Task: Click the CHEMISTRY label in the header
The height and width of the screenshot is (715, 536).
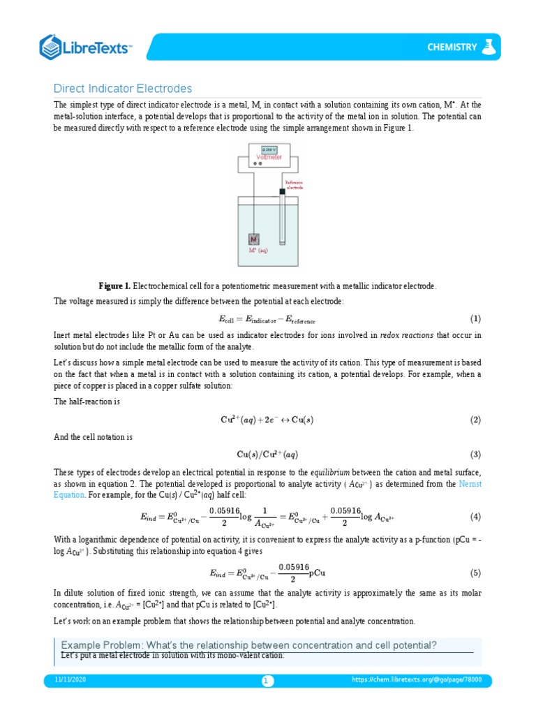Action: point(452,47)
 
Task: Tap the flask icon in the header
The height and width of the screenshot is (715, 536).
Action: point(491,47)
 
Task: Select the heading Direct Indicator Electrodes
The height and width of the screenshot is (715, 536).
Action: point(123,89)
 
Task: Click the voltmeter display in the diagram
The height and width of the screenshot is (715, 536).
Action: point(269,150)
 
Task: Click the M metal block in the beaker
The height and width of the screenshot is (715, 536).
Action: point(254,238)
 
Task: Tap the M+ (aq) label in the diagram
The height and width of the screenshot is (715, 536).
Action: point(258,250)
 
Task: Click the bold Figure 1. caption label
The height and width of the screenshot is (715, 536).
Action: point(114,287)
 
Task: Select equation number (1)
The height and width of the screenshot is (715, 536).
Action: point(475,319)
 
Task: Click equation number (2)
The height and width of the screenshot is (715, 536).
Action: point(475,420)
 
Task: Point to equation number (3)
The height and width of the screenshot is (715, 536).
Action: point(475,454)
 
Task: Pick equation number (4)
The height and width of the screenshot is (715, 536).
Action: point(475,517)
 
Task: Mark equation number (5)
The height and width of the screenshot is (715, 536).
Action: point(475,573)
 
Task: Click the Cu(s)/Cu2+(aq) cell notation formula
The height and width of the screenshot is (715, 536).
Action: point(267,454)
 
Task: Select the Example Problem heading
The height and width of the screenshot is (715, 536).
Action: point(249,644)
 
